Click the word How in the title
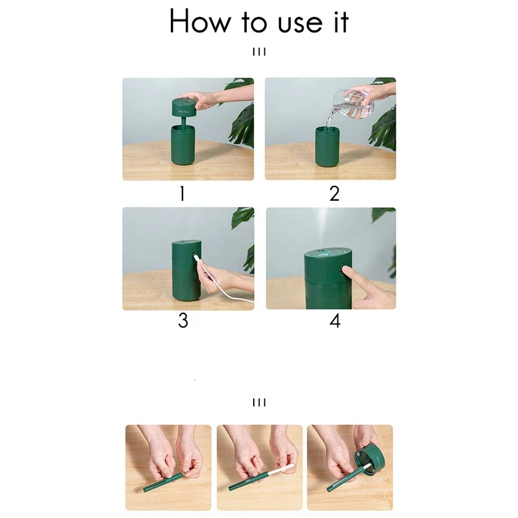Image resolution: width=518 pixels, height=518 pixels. click(200, 21)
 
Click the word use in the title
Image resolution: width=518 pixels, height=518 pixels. click(300, 24)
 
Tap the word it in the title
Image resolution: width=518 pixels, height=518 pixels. click(341, 22)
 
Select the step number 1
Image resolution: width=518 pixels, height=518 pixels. click(182, 194)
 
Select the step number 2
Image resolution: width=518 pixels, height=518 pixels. click(334, 194)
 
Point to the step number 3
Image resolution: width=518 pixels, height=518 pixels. click(183, 321)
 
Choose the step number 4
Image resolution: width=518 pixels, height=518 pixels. click(335, 321)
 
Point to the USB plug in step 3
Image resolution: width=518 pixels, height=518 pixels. click(196, 256)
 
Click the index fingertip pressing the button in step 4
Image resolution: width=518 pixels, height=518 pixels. click(346, 271)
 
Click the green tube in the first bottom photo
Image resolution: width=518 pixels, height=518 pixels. click(163, 481)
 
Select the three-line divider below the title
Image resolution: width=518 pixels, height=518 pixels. click(260, 52)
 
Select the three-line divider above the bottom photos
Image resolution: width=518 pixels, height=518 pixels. click(260, 402)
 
